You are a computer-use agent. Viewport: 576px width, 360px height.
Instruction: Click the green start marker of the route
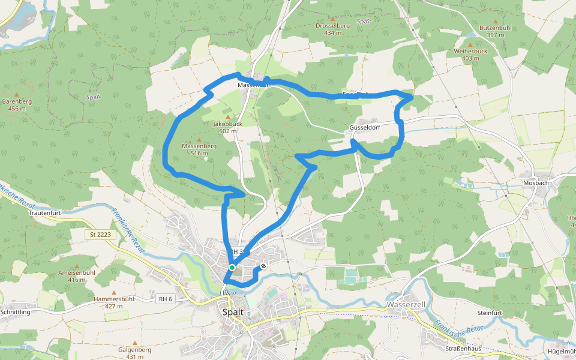click(x=232, y=268)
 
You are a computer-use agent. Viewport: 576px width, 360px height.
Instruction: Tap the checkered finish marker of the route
click(x=263, y=266)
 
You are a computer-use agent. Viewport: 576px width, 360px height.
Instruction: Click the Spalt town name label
click(x=233, y=313)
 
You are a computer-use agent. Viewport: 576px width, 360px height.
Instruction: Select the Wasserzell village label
click(x=406, y=305)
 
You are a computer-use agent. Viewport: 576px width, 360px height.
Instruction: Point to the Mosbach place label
click(x=536, y=182)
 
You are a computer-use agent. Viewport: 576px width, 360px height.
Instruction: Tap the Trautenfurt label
click(x=46, y=212)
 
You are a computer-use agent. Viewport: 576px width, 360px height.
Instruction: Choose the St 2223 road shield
click(x=98, y=234)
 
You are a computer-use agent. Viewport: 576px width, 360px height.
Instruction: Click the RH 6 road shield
click(x=165, y=299)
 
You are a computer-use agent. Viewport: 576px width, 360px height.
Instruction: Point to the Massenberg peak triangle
click(x=199, y=140)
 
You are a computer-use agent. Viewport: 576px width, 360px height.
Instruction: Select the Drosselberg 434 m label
click(x=332, y=29)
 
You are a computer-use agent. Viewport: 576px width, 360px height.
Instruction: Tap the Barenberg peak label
click(x=17, y=105)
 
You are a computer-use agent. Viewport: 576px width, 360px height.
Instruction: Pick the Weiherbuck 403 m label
click(x=470, y=55)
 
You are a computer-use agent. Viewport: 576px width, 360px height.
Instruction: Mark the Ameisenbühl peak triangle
click(x=77, y=266)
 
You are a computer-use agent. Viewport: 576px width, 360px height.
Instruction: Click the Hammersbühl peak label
click(x=113, y=302)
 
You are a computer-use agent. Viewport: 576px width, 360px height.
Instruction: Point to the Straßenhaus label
click(x=463, y=349)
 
